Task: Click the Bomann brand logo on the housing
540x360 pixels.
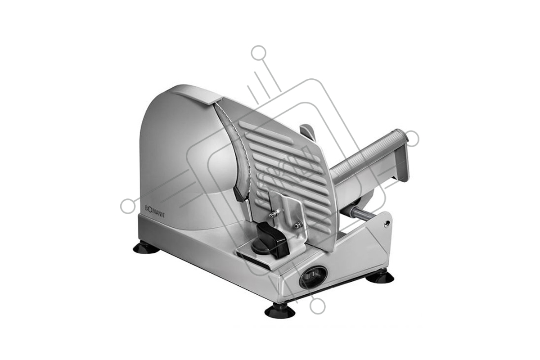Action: tap(154, 208)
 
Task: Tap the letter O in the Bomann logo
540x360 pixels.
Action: tap(150, 207)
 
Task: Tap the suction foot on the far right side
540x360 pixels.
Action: tap(380, 278)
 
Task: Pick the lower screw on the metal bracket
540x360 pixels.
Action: tap(299, 224)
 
